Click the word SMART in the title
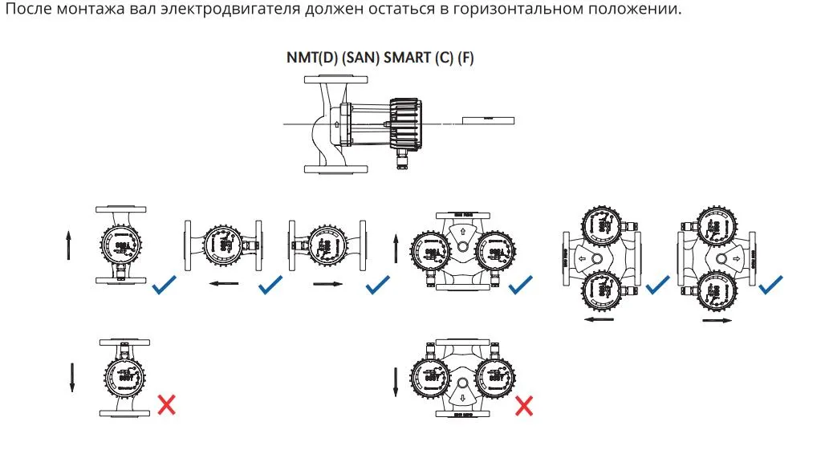(407, 59)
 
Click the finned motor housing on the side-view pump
(405, 124)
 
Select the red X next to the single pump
(166, 404)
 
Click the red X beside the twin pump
(523, 405)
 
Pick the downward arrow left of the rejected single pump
(71, 377)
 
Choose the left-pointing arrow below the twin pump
(599, 319)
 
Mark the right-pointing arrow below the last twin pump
(716, 319)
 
